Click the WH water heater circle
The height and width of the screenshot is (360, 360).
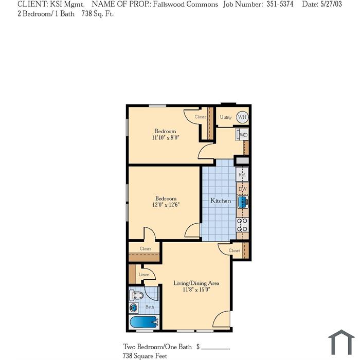coord(242,117)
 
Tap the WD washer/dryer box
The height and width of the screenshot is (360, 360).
coord(242,135)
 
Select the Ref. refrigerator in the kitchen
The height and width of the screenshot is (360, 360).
coord(242,175)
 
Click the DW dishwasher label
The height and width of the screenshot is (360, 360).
coord(243,189)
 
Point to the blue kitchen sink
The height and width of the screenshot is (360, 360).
coord(243,202)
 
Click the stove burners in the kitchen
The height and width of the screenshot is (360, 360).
coord(242,225)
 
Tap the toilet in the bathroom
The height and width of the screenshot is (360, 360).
coord(136,295)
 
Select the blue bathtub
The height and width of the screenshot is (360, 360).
coord(144,322)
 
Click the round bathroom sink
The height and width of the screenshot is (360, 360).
coord(133,308)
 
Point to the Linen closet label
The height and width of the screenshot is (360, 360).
coord(144,275)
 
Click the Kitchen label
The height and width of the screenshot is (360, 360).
coord(221,201)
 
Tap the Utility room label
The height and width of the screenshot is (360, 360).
coord(226,117)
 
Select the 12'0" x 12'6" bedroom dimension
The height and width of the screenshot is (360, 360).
coord(166,205)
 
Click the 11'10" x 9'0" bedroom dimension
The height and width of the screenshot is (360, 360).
coord(165,137)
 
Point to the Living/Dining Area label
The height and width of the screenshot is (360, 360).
coord(196,283)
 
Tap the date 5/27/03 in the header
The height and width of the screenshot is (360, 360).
coord(331,4)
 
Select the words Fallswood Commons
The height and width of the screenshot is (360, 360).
coord(185,4)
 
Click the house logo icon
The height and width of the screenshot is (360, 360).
coord(341,343)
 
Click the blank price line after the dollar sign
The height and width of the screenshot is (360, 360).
coord(215,349)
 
